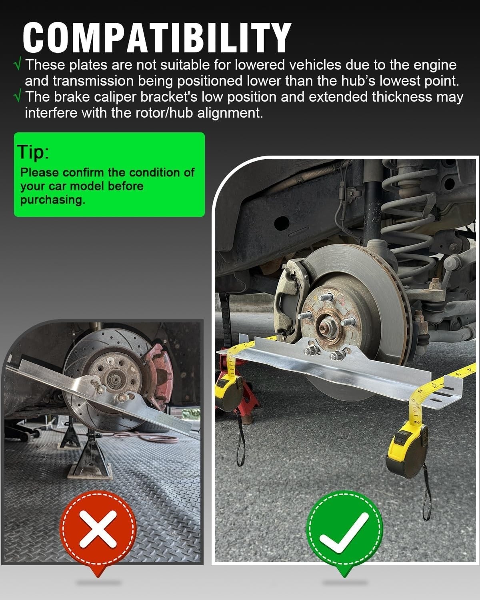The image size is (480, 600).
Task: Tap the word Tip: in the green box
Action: (x=33, y=152)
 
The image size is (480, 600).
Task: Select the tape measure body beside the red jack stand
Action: (x=227, y=396)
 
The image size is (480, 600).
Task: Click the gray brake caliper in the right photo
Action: (x=290, y=296)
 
